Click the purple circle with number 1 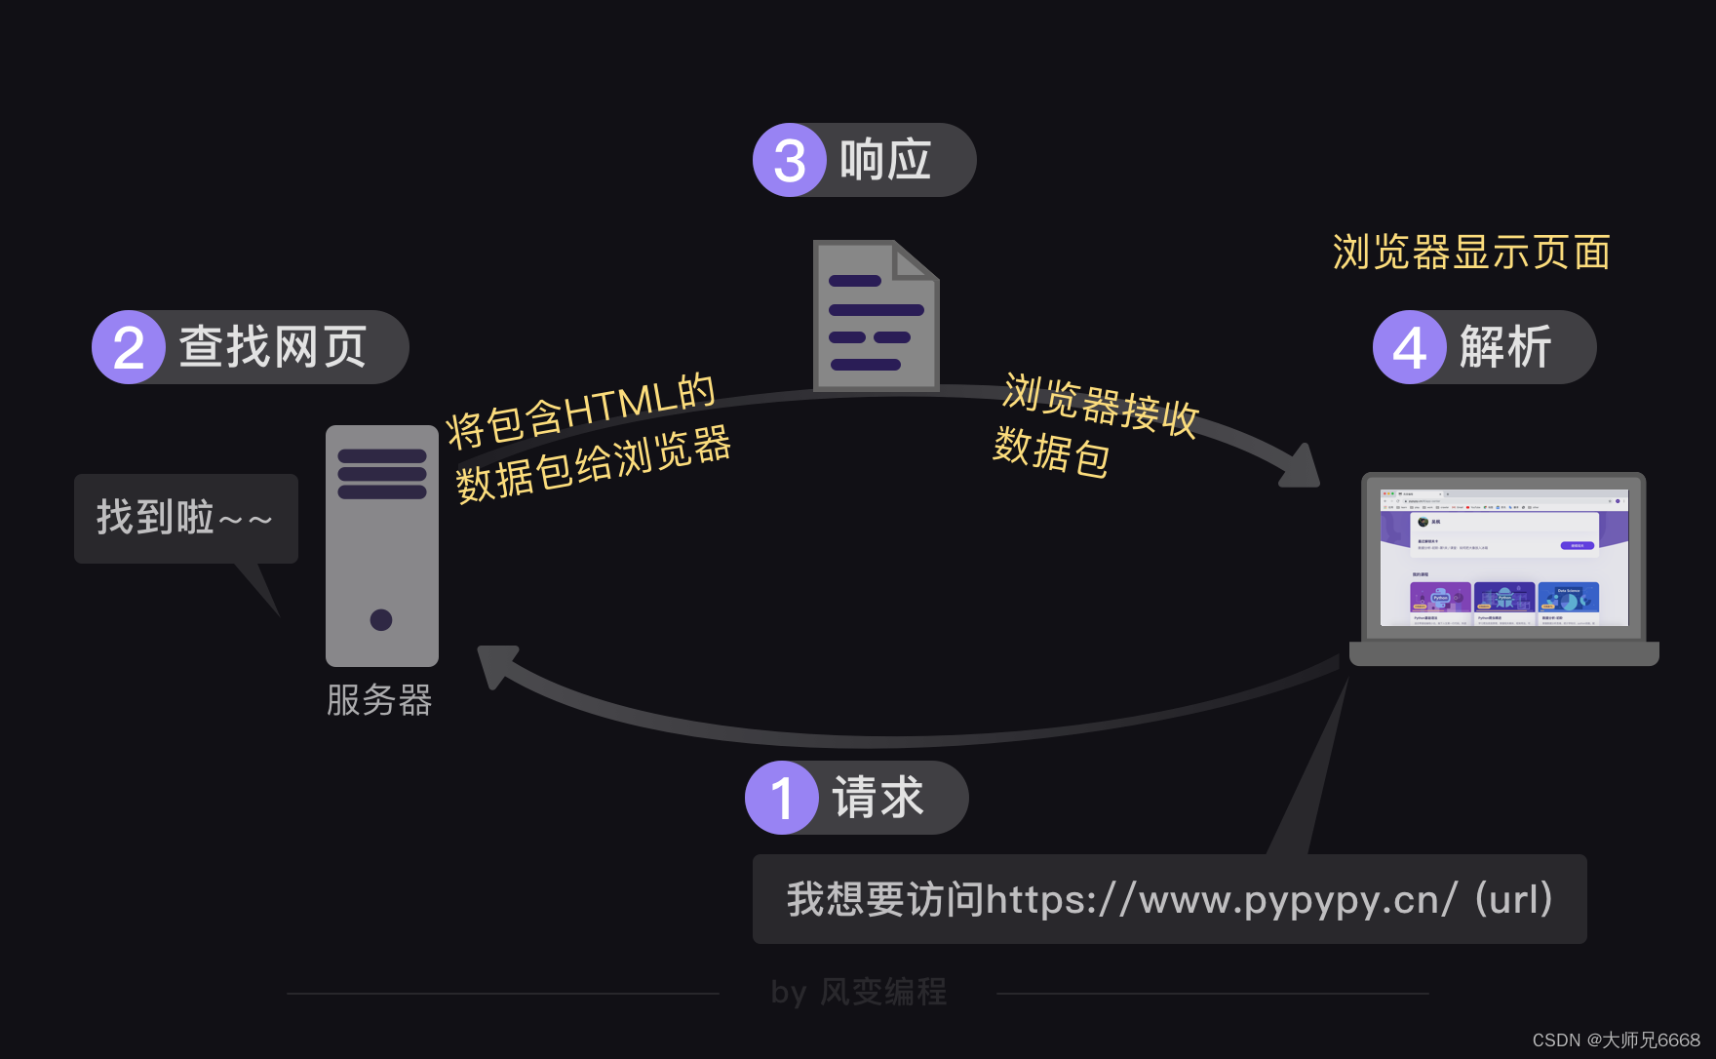(781, 798)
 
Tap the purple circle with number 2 (129, 347)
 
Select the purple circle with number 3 (790, 160)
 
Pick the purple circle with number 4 (1409, 347)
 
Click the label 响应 (885, 160)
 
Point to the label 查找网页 (272, 347)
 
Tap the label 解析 (1504, 347)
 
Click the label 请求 (877, 798)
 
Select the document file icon (875, 316)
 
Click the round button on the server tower (381, 619)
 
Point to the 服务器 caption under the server (379, 700)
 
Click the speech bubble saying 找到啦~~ (185, 518)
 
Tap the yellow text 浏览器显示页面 (1470, 253)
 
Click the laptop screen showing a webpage (1503, 557)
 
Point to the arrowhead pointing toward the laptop (1301, 468)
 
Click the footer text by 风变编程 (858, 992)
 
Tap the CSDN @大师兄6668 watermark (1616, 1040)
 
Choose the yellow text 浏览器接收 (1100, 404)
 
